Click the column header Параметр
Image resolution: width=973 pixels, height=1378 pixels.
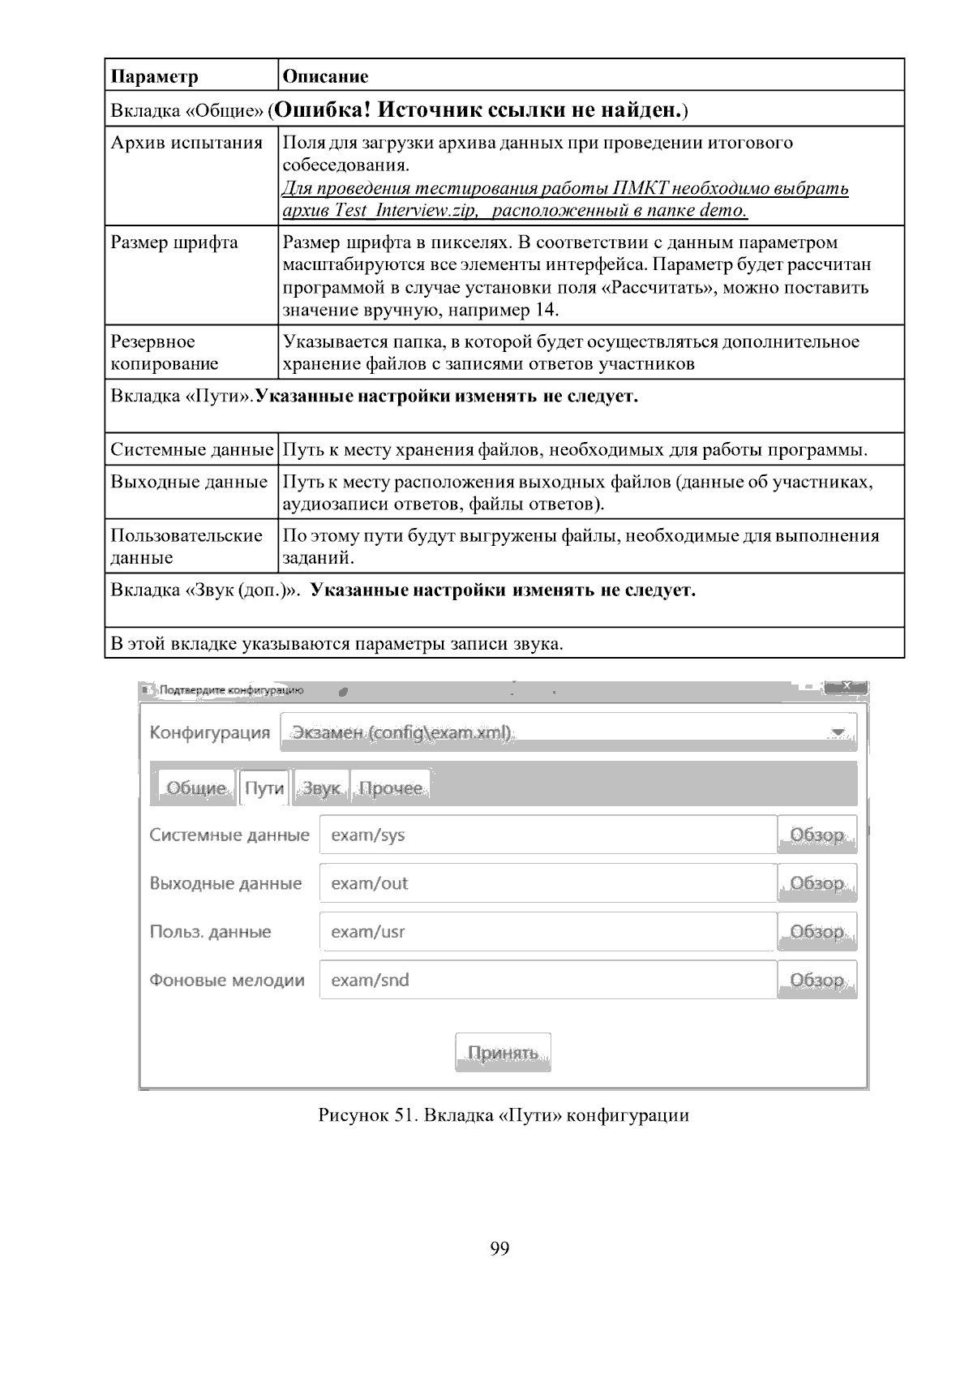(154, 77)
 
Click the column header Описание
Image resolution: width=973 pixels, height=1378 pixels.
(324, 77)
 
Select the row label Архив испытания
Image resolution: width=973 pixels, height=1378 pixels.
(186, 144)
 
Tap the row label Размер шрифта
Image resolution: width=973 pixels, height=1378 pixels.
(174, 243)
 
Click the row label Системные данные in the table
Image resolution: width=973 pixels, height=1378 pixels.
(191, 449)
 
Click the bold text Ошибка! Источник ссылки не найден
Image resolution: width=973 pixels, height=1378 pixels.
(480, 109)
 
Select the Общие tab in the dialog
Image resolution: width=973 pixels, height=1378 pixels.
(196, 788)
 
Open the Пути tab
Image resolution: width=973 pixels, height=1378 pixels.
(264, 788)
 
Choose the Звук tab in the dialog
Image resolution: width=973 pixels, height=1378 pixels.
(321, 788)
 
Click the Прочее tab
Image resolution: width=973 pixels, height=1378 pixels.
(391, 788)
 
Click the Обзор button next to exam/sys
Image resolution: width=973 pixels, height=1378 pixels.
(817, 835)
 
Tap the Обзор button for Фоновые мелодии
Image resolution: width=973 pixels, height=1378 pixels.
(817, 980)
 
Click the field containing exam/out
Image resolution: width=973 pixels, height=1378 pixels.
(548, 883)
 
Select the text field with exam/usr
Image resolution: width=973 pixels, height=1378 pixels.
(548, 932)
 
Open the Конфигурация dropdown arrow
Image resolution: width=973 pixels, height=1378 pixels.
(838, 733)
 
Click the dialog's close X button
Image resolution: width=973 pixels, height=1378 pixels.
(846, 689)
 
